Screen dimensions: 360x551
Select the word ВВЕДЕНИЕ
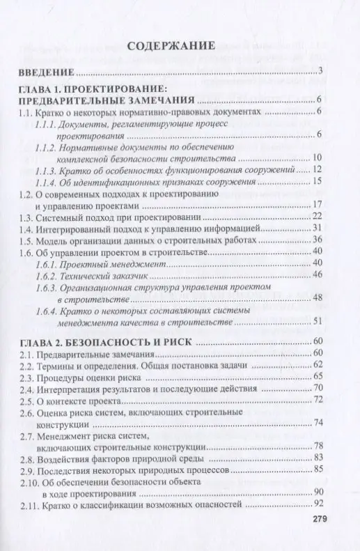tap(46, 72)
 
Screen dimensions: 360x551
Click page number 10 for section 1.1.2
tap(317, 157)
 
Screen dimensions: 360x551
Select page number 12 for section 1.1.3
tap(316, 170)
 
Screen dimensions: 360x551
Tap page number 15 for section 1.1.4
tap(317, 182)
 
